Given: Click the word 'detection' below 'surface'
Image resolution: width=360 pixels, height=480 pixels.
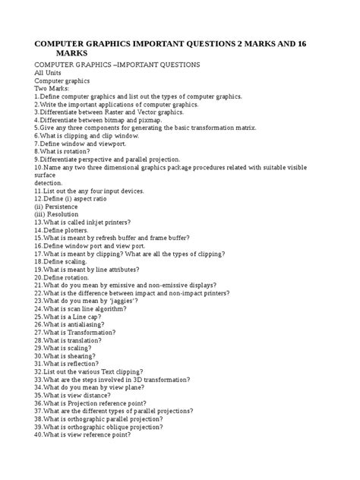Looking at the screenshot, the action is pos(49,183).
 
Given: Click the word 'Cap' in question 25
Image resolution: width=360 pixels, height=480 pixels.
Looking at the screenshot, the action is pos(99,317).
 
